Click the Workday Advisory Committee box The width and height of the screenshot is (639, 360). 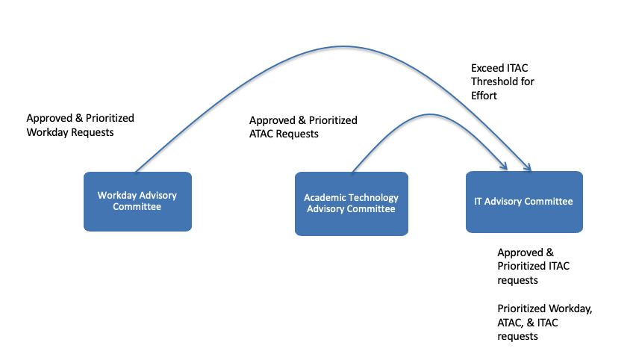(137, 201)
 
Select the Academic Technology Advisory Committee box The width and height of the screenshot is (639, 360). (351, 203)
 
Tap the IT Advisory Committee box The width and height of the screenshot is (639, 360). (524, 201)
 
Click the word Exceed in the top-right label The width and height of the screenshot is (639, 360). (487, 67)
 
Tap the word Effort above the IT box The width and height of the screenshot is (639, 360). (484, 96)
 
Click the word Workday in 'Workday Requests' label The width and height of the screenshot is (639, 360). (46, 132)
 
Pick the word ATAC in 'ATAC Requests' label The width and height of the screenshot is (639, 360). (263, 134)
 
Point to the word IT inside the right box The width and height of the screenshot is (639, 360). (479, 202)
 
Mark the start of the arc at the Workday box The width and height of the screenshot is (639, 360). (135, 172)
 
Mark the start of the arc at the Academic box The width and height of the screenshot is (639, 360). (352, 172)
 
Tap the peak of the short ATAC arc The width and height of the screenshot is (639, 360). (429, 114)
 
